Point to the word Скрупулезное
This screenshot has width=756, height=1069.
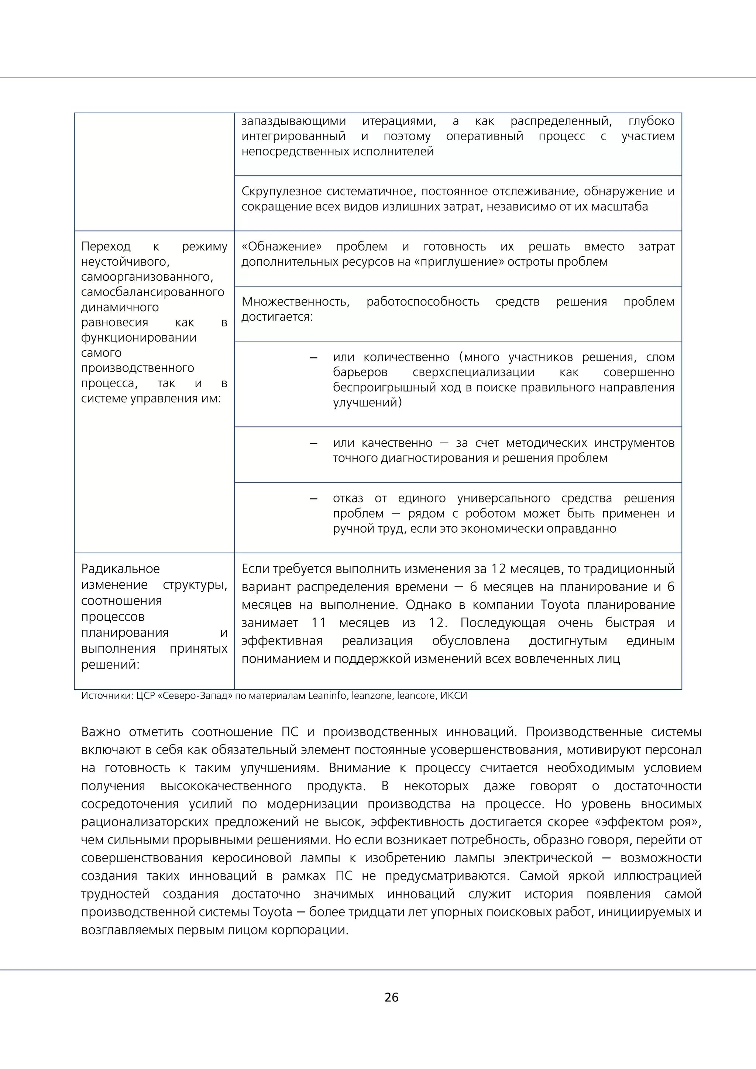(281, 191)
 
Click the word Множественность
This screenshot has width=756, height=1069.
(296, 302)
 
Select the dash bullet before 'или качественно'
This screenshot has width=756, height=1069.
(314, 443)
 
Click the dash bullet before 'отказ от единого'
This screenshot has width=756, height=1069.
(314, 499)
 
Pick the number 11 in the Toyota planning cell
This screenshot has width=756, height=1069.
(319, 623)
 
